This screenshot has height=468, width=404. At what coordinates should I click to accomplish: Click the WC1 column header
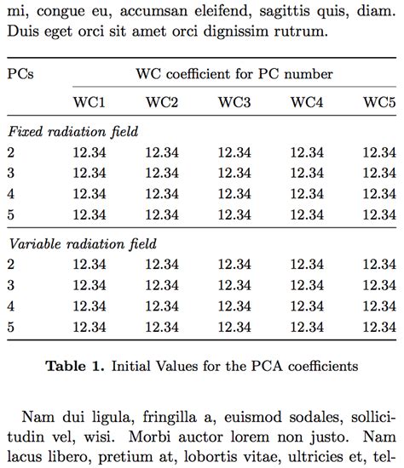pos(89,103)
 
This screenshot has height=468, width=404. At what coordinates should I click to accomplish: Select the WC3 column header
pos(234,103)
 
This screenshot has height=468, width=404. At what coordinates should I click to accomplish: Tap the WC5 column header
pos(379,103)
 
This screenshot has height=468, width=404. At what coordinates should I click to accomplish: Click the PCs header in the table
pos(20,74)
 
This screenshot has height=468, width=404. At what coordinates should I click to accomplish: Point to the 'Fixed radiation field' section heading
pos(72,132)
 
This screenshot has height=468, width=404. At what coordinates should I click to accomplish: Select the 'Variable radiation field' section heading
pos(82,244)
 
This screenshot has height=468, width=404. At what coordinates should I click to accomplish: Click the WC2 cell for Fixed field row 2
pos(161,153)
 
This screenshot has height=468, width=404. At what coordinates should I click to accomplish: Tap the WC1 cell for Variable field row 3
pos(89,285)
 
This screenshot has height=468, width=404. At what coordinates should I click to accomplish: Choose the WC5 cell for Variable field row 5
pos(379,326)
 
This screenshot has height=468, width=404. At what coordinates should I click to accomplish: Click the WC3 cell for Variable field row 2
pos(234,265)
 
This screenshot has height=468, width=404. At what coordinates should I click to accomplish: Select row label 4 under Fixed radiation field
pos(10,194)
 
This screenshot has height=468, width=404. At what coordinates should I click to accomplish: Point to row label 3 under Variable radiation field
pos(10,285)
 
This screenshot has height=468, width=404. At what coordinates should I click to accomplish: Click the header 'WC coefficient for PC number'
pos(234,74)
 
